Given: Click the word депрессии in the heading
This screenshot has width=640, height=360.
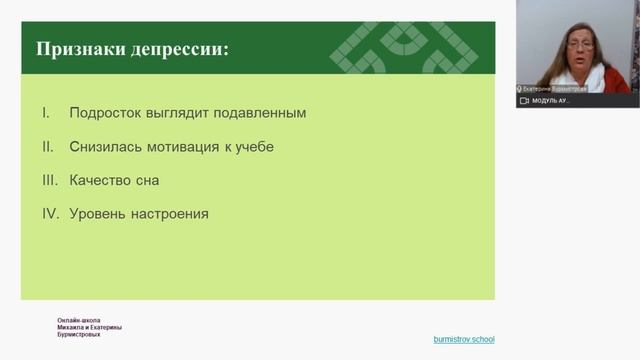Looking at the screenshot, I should point(177,49).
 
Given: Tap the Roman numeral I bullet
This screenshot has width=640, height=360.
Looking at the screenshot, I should point(46,113).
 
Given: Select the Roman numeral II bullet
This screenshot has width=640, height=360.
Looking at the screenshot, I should point(46,147).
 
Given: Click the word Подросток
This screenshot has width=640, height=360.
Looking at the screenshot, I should point(107,113).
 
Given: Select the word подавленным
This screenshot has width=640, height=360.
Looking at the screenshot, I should point(258,113).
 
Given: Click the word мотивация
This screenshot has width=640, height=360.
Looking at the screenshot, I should point(184,147).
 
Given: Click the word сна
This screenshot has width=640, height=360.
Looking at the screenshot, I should point(148,181).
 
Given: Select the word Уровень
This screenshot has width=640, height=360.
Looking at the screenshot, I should point(98,214).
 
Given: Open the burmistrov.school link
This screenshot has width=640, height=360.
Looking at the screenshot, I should point(463,339).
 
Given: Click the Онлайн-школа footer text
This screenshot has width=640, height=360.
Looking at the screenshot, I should point(79,321).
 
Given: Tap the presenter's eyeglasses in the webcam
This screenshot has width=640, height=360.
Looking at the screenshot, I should point(581,44).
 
